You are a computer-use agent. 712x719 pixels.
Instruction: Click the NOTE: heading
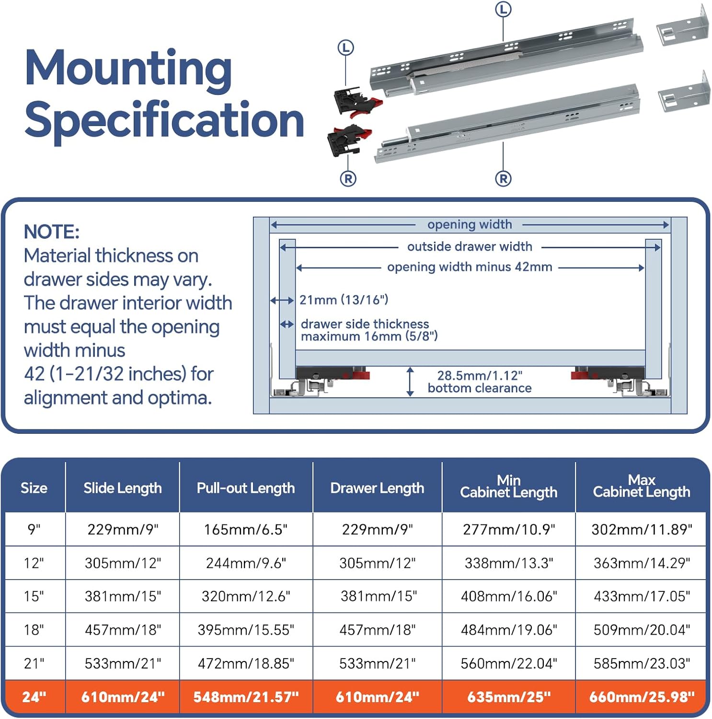point(52,232)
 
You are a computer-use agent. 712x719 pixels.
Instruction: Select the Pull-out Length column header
point(246,488)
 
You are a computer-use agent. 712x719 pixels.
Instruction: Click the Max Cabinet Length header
point(642,486)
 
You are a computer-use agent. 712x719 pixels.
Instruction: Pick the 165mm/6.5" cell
point(246,530)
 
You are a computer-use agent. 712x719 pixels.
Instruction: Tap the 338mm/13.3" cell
point(509,563)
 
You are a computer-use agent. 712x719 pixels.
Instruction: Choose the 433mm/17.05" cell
point(642,596)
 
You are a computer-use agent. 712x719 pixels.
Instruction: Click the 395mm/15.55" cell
point(246,630)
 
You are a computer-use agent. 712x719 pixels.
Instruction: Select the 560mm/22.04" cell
point(509,663)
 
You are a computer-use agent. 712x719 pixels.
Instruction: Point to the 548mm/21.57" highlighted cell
point(246,697)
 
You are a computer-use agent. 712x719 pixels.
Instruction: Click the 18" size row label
point(34,630)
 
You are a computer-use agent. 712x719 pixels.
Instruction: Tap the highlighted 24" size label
point(34,697)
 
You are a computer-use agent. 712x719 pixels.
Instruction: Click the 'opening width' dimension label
point(470,225)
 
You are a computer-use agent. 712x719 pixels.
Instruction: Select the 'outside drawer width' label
point(470,247)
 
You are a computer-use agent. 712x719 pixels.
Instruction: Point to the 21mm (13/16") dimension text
point(344,300)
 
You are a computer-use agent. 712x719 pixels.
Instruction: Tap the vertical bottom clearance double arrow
point(410,382)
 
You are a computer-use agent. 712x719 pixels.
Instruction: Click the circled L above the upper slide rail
point(503,9)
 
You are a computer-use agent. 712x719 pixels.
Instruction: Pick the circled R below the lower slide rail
point(503,179)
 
